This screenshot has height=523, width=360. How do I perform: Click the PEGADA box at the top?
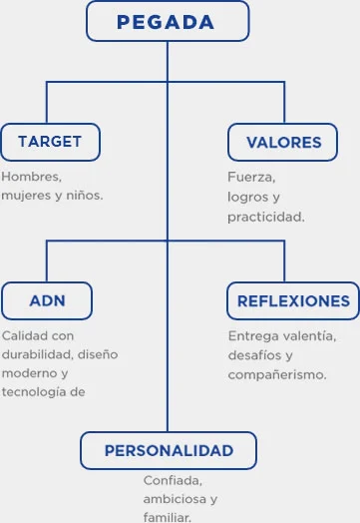click(x=167, y=21)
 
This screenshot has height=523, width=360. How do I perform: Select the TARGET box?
click(x=50, y=142)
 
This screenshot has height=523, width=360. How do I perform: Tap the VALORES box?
click(x=284, y=142)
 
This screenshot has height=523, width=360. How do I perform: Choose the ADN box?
click(x=47, y=300)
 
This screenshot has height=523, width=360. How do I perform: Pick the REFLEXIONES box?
click(x=293, y=300)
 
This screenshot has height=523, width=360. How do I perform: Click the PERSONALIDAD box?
click(x=169, y=450)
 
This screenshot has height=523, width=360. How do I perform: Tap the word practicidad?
click(x=266, y=216)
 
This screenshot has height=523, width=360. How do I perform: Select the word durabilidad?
click(x=37, y=354)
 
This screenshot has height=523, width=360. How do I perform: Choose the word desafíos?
click(x=254, y=355)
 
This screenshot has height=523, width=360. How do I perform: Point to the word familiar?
click(x=167, y=517)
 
